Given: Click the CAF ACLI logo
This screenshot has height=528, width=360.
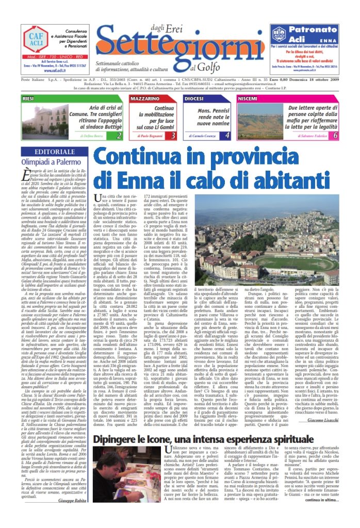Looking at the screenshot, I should point(37,40).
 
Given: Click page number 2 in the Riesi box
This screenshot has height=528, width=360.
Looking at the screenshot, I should point(119,136).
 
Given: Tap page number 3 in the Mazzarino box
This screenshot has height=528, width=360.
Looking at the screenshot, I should point(173,136).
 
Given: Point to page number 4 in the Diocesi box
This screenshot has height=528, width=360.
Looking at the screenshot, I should point(227,136).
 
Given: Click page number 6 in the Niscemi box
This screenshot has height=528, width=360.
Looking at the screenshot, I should point(335,136).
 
